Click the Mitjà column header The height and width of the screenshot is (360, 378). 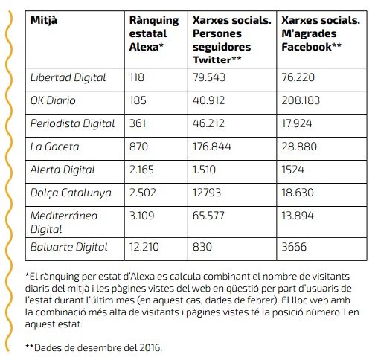point(44,21)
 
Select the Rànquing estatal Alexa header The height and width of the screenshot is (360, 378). point(154,33)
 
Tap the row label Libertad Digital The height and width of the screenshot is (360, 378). point(68,77)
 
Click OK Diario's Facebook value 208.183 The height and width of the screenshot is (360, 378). point(301,100)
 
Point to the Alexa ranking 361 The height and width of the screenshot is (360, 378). point(138,123)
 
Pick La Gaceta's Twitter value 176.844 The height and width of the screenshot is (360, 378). point(211,147)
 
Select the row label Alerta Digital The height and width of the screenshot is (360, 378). point(63,170)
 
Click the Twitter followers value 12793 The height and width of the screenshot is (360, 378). point(207,193)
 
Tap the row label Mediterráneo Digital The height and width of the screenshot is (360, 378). point(63,222)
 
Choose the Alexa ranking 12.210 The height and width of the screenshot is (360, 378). point(144,247)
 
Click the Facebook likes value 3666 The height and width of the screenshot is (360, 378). point(294,247)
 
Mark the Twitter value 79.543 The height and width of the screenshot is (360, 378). point(209,77)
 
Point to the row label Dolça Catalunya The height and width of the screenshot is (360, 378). point(71,193)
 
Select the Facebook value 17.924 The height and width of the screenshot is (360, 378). point(297,123)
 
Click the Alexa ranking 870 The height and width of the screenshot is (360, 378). point(138,147)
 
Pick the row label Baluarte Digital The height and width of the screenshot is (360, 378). point(68,247)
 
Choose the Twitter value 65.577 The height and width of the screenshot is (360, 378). point(208,216)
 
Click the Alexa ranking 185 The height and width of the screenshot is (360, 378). point(138,100)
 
